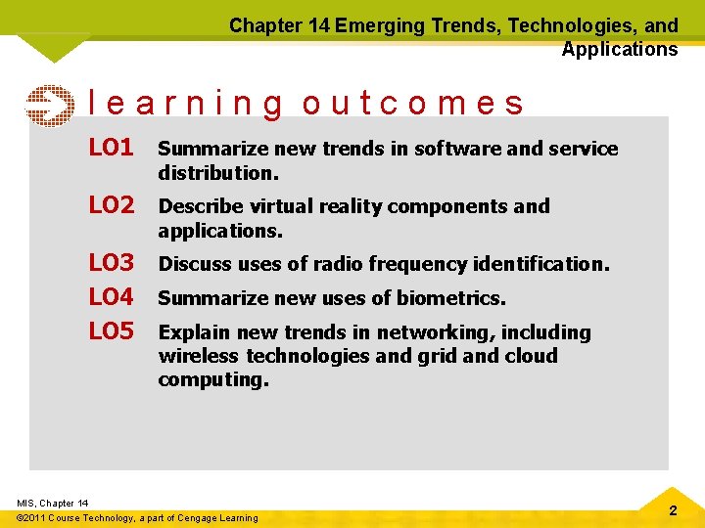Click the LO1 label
click(x=111, y=149)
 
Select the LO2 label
click(x=111, y=205)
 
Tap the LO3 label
click(x=111, y=263)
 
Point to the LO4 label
click(x=111, y=297)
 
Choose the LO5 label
click(x=111, y=331)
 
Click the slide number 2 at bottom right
click(x=673, y=511)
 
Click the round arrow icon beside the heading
click(x=48, y=106)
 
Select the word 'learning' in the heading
click(x=186, y=104)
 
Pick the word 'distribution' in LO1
click(x=216, y=173)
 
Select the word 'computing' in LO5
click(x=211, y=379)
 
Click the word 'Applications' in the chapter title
click(x=619, y=49)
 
